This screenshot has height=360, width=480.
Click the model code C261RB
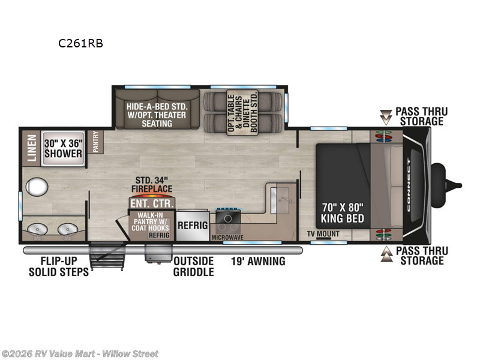(76, 43)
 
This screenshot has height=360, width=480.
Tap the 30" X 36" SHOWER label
(62, 148)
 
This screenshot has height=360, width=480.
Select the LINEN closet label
(32, 148)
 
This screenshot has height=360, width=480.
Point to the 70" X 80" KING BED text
(343, 212)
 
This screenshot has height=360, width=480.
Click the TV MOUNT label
(323, 233)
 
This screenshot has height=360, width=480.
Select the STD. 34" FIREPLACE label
(152, 184)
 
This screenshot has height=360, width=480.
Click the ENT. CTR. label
(152, 203)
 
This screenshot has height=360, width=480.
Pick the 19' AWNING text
(258, 261)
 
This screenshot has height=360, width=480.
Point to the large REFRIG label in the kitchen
(192, 226)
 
